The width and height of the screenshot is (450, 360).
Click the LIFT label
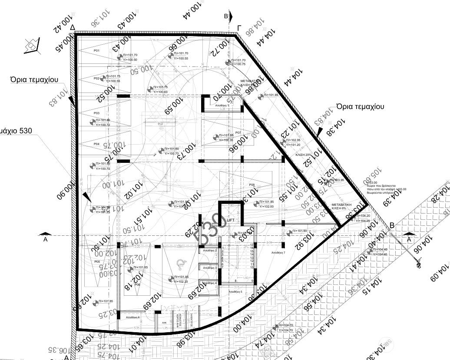tap(231, 221)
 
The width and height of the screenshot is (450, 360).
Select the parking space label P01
tap(97, 51)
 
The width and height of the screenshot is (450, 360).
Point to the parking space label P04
tap(96, 144)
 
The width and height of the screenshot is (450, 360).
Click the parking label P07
tap(238, 132)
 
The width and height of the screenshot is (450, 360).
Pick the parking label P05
tap(97, 262)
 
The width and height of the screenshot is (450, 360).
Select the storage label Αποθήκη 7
tap(278, 252)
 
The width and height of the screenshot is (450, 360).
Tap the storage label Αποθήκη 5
tap(235, 292)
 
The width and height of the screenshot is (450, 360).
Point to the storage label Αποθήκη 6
tap(132, 318)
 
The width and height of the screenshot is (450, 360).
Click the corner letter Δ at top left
tap(73, 27)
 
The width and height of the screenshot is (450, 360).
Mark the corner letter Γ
tap(239, 28)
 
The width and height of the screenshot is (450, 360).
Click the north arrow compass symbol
tap(32, 45)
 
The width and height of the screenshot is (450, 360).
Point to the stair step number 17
tap(252, 245)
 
